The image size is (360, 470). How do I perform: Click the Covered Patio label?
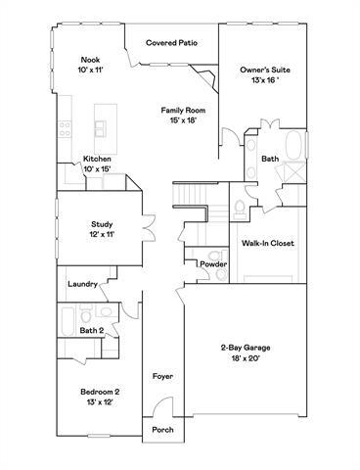[172, 43]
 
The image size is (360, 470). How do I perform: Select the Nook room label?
[90, 66]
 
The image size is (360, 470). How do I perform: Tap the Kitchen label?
[97, 164]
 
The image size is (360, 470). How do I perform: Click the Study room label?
[103, 229]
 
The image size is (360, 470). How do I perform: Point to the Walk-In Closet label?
[267, 243]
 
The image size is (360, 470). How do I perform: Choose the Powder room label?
[213, 264]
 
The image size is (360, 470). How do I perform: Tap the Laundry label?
[81, 284]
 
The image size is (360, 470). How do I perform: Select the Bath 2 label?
[92, 331]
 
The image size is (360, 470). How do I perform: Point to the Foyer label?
[162, 376]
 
